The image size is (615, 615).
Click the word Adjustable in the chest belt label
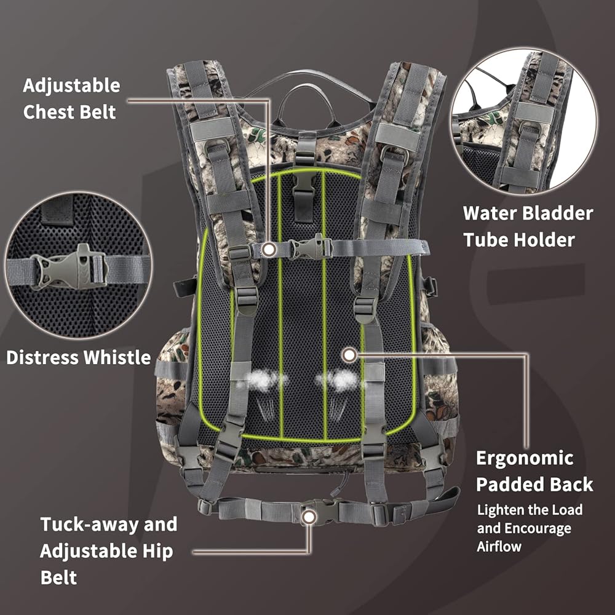tap(71, 85)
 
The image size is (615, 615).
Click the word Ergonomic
tap(525, 458)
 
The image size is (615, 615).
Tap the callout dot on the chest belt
tap(268, 248)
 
